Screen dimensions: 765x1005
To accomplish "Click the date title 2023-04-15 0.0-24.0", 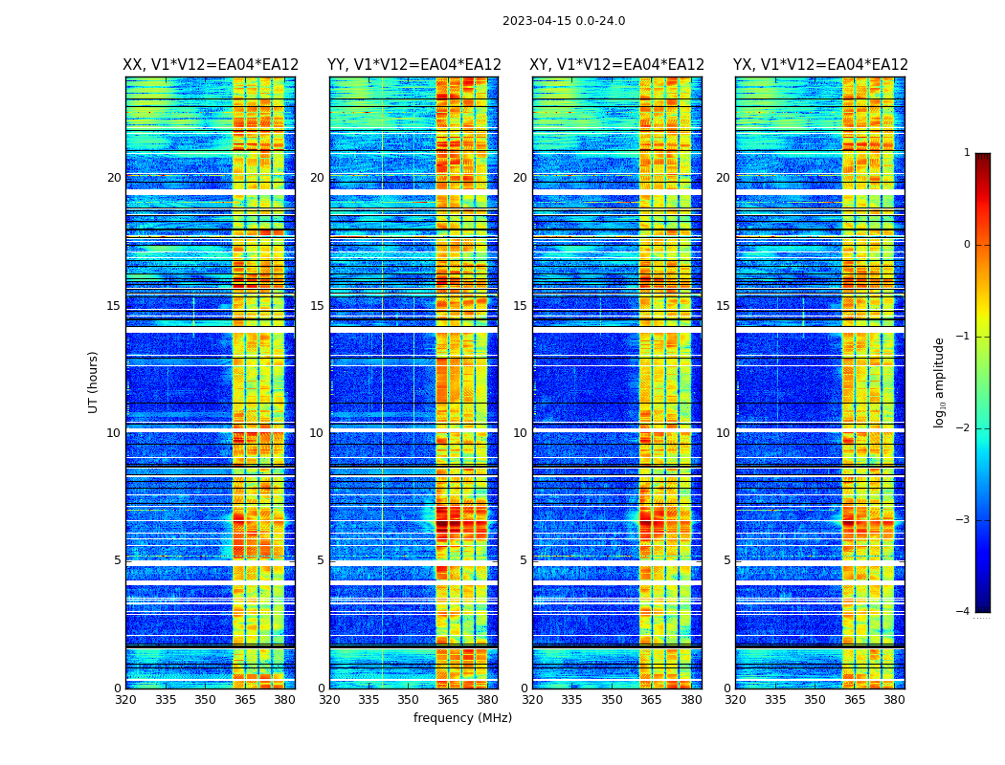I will [564, 21].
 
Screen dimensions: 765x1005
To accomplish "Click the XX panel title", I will [211, 65].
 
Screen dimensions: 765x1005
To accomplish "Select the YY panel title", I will [414, 65].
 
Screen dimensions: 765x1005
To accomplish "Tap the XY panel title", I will [617, 65].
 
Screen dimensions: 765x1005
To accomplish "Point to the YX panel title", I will [820, 65].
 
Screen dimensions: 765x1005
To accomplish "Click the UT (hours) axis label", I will [94, 382].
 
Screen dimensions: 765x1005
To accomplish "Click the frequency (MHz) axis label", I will [462, 718].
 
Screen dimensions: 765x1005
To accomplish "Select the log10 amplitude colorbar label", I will [940, 382].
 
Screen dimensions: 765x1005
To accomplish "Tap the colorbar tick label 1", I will [967, 153].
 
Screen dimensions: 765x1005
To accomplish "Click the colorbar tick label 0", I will [967, 245].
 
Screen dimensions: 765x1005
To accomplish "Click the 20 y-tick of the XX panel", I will [114, 178].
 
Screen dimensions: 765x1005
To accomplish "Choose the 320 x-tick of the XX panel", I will [125, 700].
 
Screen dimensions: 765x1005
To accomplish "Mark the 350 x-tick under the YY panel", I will [409, 700].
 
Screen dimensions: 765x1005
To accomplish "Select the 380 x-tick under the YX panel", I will [894, 700].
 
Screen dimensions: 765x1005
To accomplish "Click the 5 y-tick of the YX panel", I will [726, 560].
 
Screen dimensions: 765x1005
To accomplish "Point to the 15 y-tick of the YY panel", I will [317, 306].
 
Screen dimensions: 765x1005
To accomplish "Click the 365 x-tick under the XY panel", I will [651, 700].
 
